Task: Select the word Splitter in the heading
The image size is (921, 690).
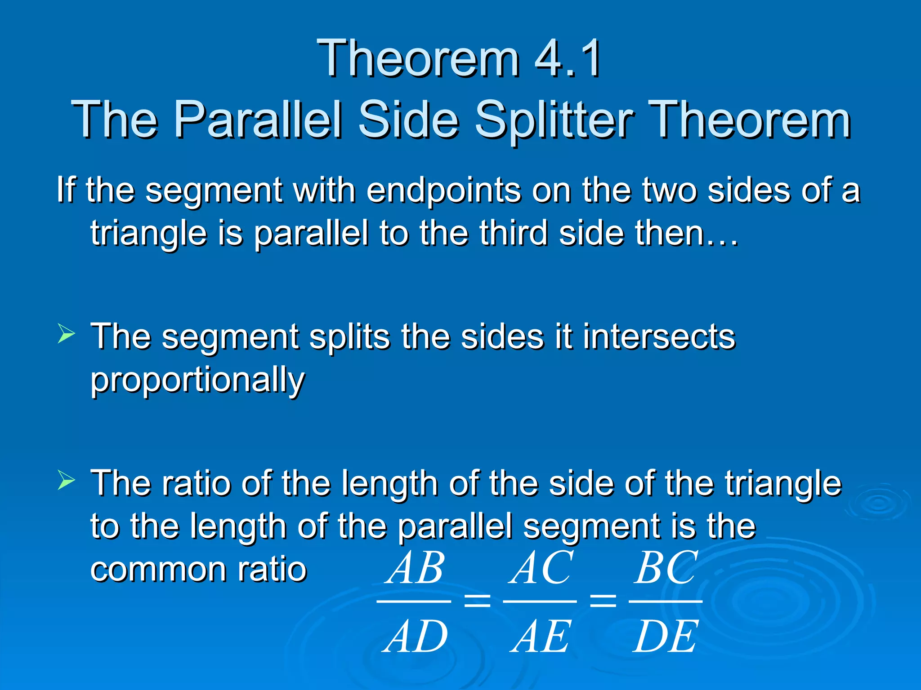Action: tap(554, 119)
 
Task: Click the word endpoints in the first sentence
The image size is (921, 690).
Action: tap(443, 191)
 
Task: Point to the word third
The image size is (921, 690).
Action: tap(513, 234)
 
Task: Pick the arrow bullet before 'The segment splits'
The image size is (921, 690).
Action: tap(66, 335)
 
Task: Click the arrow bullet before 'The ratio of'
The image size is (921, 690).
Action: tap(66, 481)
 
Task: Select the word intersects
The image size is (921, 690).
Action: tap(659, 337)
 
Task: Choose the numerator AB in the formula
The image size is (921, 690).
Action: tap(416, 568)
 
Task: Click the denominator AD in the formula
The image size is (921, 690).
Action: tap(416, 637)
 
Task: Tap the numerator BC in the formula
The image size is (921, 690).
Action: tap(666, 568)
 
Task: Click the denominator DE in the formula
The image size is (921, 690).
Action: tap(666, 637)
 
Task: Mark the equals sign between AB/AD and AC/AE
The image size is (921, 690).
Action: tap(477, 601)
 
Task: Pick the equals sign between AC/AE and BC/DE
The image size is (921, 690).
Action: tap(603, 601)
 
